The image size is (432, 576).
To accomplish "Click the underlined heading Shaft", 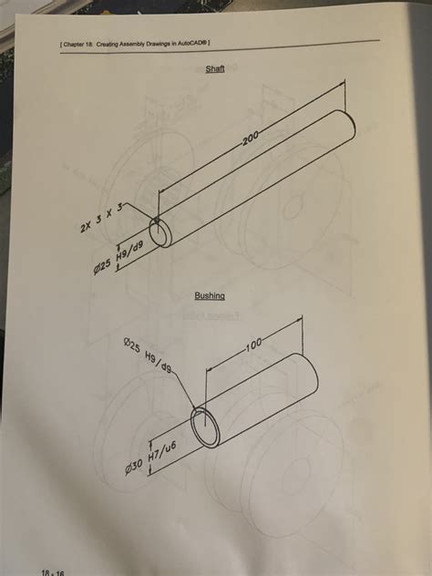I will [x=215, y=69].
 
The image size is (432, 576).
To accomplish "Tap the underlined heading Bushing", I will [x=209, y=295].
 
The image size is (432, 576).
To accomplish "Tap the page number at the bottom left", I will [x=51, y=571].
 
